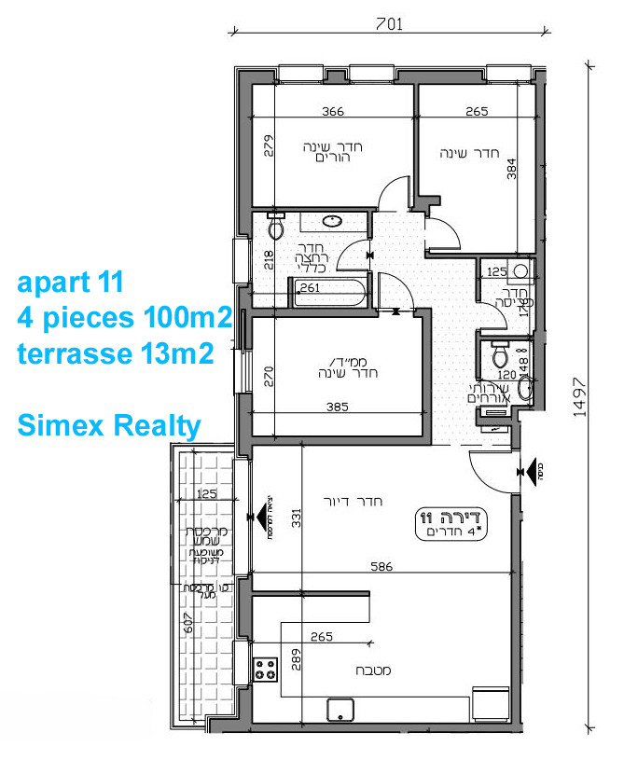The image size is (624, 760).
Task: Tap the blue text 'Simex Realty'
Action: click(110, 426)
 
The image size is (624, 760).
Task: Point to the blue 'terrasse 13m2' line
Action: click(115, 353)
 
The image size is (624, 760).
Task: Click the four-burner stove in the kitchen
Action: click(266, 669)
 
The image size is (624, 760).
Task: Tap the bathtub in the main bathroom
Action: click(327, 294)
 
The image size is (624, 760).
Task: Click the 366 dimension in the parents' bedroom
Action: click(333, 112)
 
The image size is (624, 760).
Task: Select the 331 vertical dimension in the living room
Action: click(297, 518)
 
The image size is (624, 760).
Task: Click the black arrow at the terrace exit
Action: click(251, 514)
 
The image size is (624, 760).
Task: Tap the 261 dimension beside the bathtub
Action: click(310, 288)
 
